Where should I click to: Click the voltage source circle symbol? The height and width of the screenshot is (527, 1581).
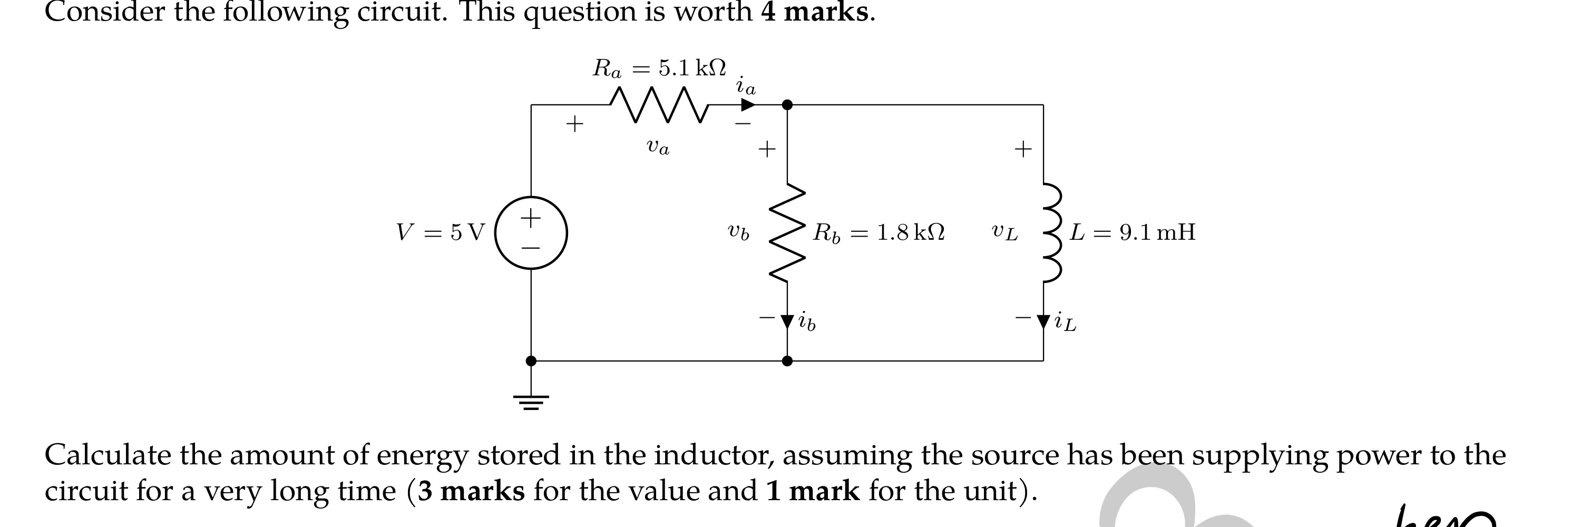[531, 233]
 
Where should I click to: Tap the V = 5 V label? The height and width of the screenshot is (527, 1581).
[440, 232]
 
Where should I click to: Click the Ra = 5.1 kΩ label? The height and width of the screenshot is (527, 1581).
[659, 68]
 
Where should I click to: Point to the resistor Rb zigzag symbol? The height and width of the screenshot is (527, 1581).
[787, 233]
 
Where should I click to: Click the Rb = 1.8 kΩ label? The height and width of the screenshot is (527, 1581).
[879, 233]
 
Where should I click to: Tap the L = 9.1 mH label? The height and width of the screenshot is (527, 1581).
[1133, 232]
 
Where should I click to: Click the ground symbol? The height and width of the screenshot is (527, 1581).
[531, 402]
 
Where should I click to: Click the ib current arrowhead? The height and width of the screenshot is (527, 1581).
[787, 321]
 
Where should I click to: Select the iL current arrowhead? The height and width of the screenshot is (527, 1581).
[1043, 321]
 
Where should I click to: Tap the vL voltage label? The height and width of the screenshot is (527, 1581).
[1004, 232]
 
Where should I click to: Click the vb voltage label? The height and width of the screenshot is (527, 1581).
[738, 232]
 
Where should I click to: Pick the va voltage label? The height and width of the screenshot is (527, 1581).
[658, 147]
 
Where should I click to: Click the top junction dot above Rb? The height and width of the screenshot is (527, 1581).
[787, 105]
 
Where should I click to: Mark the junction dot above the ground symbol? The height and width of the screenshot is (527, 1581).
[531, 361]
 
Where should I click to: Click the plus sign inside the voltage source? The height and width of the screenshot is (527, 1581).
[531, 217]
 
